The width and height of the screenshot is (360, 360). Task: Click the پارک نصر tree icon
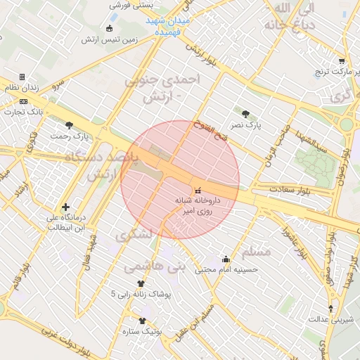[x=245, y=114]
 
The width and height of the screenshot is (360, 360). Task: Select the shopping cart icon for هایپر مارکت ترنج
[x=342, y=61]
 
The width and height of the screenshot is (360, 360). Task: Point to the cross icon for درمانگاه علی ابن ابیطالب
[x=66, y=207]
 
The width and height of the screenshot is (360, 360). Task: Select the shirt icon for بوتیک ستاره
[x=142, y=320]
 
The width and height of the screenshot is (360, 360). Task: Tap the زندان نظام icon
[x=22, y=77]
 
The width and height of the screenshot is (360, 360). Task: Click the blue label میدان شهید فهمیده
[x=169, y=27]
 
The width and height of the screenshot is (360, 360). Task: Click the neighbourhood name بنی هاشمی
[x=154, y=268]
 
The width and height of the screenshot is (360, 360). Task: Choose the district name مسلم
[x=255, y=252]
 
